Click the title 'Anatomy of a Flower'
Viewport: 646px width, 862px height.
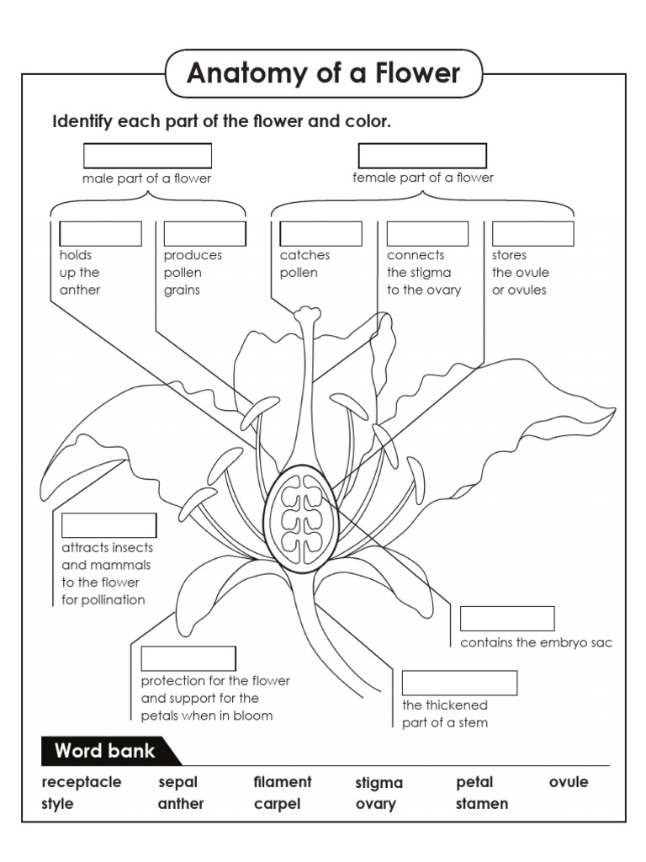tap(324, 74)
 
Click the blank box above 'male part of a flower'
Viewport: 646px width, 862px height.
tap(147, 156)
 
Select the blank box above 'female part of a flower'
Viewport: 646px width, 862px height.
tap(422, 156)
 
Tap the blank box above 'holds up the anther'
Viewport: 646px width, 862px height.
tap(100, 234)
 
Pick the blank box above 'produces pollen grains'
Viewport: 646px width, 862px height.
tap(204, 234)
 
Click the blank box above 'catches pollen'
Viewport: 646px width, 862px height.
tap(320, 234)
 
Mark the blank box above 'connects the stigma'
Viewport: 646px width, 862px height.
tap(427, 234)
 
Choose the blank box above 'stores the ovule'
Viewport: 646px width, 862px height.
tap(532, 234)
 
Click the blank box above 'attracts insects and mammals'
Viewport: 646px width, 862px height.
tap(109, 525)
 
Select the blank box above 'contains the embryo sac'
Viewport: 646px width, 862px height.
tap(507, 619)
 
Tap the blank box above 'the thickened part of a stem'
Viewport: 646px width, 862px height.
tap(459, 683)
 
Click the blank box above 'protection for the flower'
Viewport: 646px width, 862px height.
tap(188, 658)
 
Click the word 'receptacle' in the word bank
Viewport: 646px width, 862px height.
tap(82, 782)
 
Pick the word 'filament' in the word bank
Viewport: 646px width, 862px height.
tap(283, 782)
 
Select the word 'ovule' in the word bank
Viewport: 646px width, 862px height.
tap(569, 782)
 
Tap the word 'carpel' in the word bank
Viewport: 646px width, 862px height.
tap(277, 804)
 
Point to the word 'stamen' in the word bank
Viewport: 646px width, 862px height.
tap(482, 804)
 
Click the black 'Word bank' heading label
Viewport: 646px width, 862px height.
tap(105, 751)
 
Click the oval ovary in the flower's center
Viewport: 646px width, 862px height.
tap(301, 519)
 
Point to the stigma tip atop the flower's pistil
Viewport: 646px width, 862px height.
tap(307, 316)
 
